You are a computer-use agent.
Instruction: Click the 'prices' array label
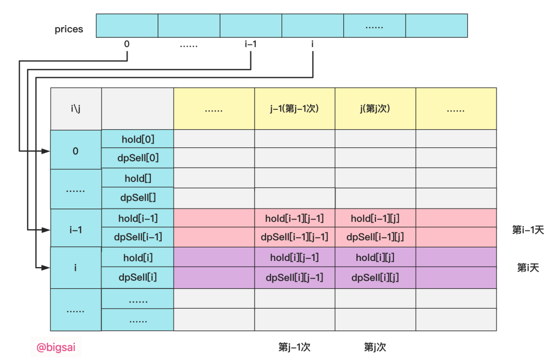pos(69,29)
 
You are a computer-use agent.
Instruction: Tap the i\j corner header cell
pos(76,109)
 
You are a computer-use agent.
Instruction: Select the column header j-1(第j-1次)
pos(295,109)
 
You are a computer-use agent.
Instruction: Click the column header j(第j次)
pos(375,109)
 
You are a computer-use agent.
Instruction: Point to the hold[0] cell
pos(137,139)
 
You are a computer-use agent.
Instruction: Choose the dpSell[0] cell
pos(137,158)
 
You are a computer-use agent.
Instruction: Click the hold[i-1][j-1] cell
pos(295,218)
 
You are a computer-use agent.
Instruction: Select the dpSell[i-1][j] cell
pos(375,237)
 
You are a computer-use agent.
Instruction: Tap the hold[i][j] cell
pos(375,257)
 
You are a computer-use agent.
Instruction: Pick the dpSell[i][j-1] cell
pos(295,278)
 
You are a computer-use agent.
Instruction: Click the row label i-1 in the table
pos(76,229)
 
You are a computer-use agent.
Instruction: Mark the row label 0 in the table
pos(76,151)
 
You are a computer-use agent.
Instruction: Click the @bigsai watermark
pos(55,347)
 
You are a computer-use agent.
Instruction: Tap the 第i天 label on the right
pos(528,268)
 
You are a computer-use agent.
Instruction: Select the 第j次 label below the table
pos(375,347)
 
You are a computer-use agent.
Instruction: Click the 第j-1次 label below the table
pos(294,347)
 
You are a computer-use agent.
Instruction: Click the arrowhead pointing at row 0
pos(46,151)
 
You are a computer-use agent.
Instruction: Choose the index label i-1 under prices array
pos(250,44)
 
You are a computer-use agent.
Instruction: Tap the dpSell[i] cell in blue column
pos(137,278)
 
